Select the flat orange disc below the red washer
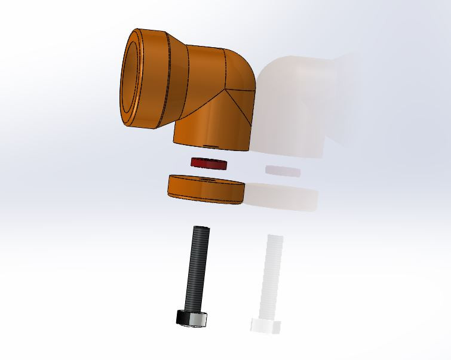(x=206, y=191)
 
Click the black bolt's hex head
(x=192, y=319)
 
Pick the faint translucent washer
(x=283, y=171)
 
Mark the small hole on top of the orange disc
(x=208, y=178)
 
